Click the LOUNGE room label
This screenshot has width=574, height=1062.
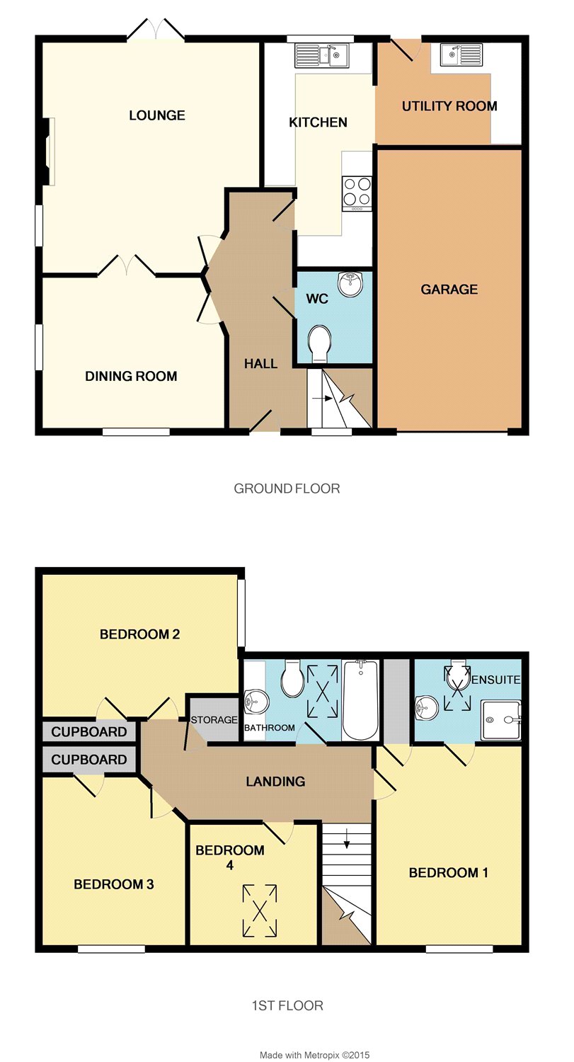157,115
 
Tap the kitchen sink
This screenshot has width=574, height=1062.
321,55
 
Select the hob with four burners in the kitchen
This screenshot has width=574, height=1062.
357,193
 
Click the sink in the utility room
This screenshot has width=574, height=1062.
461,55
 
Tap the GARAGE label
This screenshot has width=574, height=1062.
449,289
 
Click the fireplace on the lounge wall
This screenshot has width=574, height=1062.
48,152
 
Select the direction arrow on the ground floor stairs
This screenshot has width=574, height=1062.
322,398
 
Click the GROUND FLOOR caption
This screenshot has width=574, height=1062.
287,489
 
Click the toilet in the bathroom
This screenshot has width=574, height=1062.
292,678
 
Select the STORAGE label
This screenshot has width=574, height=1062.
214,720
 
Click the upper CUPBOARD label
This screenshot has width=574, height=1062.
89,732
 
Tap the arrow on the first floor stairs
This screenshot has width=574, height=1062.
347,838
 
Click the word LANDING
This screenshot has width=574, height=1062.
275,782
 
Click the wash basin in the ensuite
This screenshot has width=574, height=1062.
426,707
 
